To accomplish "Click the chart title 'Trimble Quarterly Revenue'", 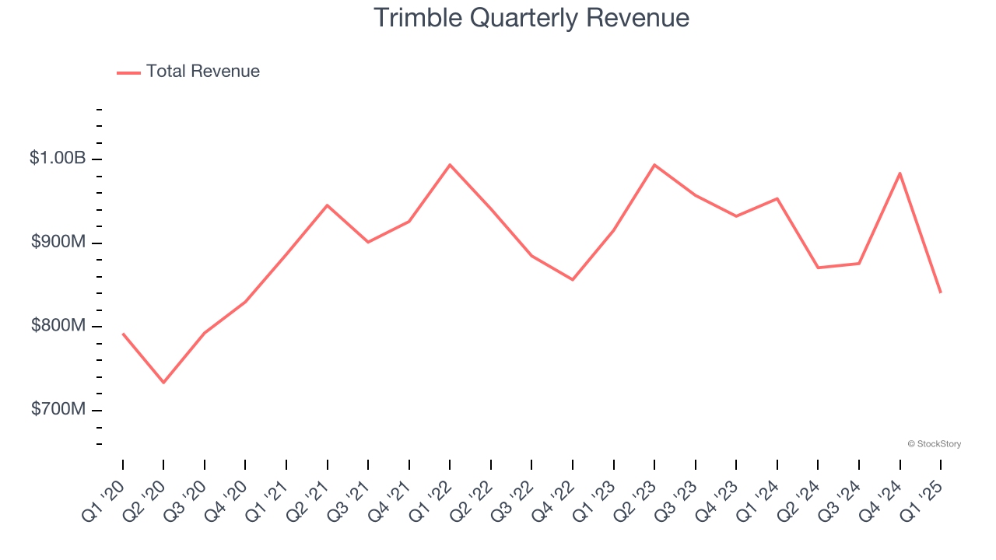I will pos(531,18).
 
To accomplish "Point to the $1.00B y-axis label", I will pos(58,158).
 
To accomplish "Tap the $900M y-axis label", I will pos(58,242).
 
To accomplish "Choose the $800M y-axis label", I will pos(58,325).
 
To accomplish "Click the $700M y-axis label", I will pos(58,409).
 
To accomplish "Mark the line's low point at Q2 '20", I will pos(163,383).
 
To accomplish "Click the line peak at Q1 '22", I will pos(450,165).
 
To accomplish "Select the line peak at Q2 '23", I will pos(654,165).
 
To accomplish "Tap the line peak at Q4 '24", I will pos(900,173).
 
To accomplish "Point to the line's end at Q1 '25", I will pos(940,292).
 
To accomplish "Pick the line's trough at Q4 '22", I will pos(573,279).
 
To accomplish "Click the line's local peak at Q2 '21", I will pos(327,205).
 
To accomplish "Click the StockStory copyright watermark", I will pos(934,444).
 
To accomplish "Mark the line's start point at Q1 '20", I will pos(123,334).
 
